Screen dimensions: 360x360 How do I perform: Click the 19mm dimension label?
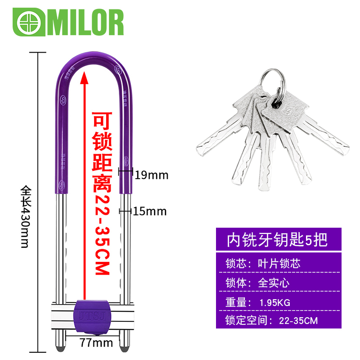tap(151, 175)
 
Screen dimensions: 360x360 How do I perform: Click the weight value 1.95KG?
tap(275, 302)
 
